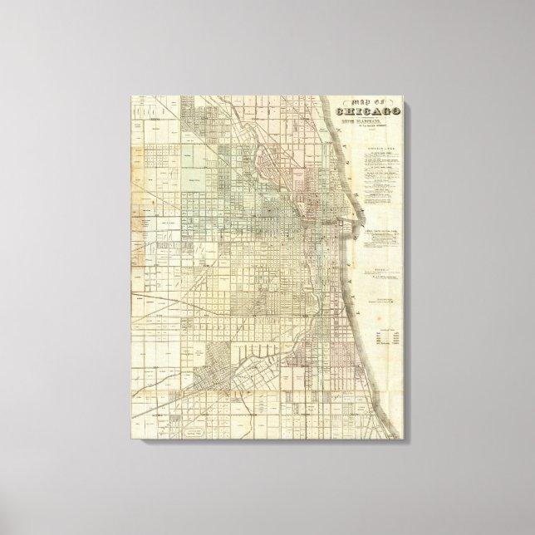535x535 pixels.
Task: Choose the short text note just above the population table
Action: [x=383, y=303]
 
